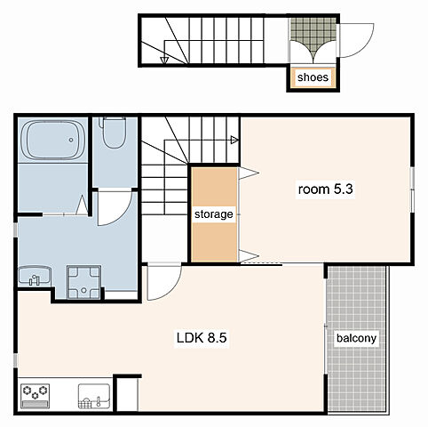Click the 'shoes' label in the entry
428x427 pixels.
(x=313, y=77)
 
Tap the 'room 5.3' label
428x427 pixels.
(x=325, y=189)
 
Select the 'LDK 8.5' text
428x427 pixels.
(x=202, y=337)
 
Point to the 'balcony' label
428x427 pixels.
(x=356, y=338)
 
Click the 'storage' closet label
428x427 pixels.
(x=214, y=214)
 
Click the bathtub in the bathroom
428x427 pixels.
(x=53, y=141)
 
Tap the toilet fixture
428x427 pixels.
(x=113, y=133)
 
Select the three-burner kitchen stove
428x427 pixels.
(x=36, y=396)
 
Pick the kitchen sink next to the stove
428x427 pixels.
(x=94, y=396)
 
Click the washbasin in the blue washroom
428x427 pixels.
(x=35, y=276)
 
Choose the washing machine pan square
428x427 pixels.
(x=83, y=282)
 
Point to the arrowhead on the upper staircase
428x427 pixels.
(x=164, y=60)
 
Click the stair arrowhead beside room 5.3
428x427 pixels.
(x=234, y=140)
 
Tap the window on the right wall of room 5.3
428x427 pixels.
(x=412, y=189)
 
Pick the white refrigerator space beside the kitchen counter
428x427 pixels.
(x=127, y=394)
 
